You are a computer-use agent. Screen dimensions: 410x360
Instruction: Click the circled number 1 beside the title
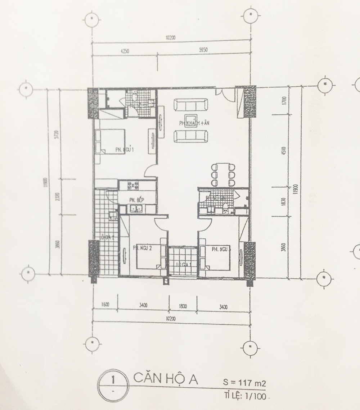tap(113, 379)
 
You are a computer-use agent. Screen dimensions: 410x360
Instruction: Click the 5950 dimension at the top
tap(204, 50)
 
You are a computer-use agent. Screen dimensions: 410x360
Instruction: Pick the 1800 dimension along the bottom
tap(183, 306)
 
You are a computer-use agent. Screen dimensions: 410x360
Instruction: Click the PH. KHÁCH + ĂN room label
tap(194, 123)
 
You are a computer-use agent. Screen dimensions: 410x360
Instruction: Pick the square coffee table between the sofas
tap(190, 120)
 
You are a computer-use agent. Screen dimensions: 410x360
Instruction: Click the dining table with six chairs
tap(223, 175)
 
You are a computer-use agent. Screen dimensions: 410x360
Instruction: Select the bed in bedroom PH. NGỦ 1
tap(110, 141)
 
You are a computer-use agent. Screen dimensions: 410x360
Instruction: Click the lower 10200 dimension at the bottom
tap(171, 318)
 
